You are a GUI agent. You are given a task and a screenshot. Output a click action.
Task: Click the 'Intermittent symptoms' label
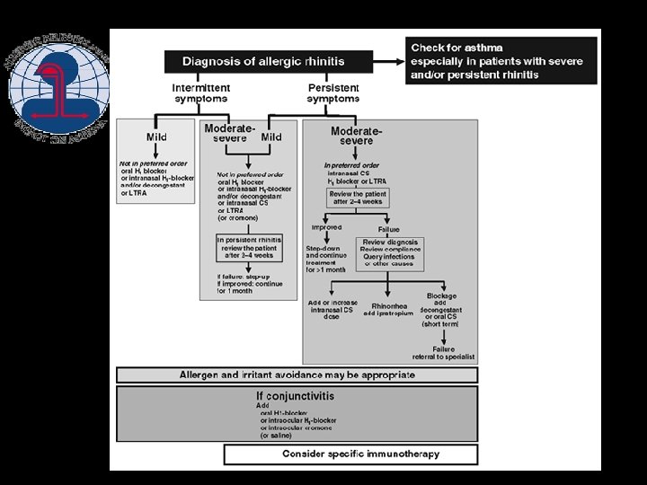(200, 93)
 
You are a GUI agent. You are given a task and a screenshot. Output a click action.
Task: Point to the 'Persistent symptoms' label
(333, 93)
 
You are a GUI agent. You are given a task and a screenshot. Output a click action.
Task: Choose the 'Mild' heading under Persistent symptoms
(271, 137)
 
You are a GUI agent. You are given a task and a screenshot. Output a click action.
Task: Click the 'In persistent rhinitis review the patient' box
(249, 248)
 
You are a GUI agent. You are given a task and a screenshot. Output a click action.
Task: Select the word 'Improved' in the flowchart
(326, 228)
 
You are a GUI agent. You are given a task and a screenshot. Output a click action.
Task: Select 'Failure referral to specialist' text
(443, 353)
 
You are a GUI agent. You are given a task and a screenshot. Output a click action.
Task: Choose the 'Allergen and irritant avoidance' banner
(297, 375)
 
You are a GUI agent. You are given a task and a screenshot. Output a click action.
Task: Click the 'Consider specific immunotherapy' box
(360, 454)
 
